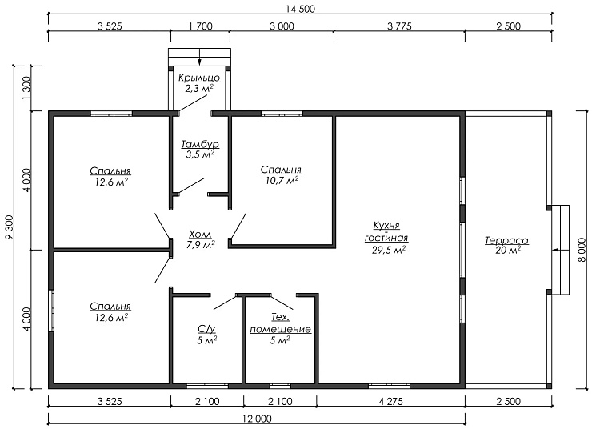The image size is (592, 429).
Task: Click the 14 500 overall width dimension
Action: (x=300, y=9)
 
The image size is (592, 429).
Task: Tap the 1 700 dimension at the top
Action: (x=200, y=26)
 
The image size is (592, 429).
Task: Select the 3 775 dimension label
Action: (x=399, y=26)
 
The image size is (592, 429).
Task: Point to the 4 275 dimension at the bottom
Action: (x=390, y=401)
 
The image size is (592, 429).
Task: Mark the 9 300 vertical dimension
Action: (x=9, y=227)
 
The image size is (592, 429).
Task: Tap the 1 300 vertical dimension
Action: (x=26, y=88)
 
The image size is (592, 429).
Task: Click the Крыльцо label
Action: (x=199, y=78)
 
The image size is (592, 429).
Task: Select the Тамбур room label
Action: (x=200, y=144)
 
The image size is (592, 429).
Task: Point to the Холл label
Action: (x=200, y=235)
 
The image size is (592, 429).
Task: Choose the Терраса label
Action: (x=506, y=241)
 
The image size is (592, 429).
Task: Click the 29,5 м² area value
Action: (x=389, y=250)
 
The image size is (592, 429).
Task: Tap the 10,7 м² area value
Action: (x=282, y=181)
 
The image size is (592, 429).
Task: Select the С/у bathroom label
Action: (x=206, y=329)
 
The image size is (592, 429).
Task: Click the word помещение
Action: (x=281, y=329)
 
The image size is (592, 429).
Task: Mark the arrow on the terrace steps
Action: (x=560, y=250)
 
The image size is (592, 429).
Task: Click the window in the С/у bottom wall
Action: (x=207, y=386)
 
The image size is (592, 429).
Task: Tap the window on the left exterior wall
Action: (x=51, y=311)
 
